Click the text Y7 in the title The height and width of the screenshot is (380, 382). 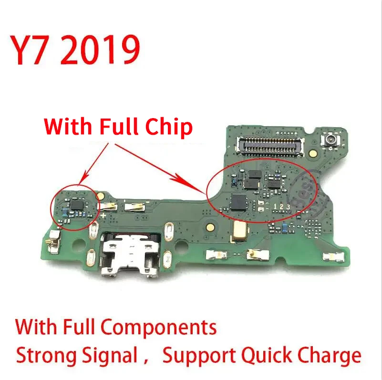click(28, 50)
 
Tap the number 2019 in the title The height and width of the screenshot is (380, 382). click(100, 50)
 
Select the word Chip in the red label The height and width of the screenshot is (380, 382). click(169, 127)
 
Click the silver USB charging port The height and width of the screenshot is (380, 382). click(131, 255)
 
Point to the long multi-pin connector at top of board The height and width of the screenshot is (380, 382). click(270, 146)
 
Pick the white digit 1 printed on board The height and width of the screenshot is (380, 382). click(275, 207)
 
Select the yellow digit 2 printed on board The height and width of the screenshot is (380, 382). click(282, 207)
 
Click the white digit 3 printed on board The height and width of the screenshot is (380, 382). click(288, 207)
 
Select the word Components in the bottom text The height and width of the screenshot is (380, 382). click(159, 328)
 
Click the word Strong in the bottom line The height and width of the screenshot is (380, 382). click(46, 356)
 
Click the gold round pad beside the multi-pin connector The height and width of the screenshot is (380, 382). click(312, 153)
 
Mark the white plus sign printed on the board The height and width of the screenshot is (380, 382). click(103, 215)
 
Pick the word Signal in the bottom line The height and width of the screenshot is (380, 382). click(110, 356)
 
